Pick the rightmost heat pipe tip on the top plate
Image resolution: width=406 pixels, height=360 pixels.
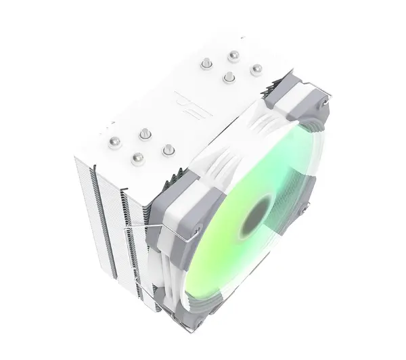point(256,69)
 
